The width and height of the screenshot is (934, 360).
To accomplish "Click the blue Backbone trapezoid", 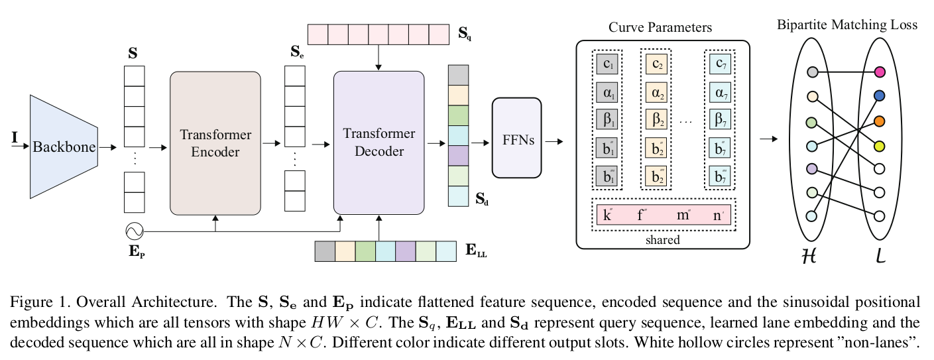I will (64, 146).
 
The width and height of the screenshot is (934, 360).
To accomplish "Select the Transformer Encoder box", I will (215, 143).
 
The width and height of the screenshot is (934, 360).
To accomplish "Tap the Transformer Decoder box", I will (379, 143).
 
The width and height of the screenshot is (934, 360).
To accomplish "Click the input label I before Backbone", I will (15, 137).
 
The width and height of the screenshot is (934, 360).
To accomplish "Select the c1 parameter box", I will (607, 64).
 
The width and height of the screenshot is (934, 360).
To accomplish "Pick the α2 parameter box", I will (657, 92).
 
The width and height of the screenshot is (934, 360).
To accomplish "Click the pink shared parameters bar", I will (664, 215).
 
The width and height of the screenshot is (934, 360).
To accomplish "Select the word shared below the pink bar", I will (662, 239).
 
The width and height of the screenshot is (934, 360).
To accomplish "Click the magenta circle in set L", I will (880, 72).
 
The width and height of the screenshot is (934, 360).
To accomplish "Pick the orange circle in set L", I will (880, 121).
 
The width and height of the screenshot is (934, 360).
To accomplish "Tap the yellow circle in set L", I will (880, 145).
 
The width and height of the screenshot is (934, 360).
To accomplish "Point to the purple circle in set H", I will (812, 168).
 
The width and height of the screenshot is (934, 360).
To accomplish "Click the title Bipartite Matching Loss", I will (847, 25).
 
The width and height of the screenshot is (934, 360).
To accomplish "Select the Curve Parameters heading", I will (660, 28).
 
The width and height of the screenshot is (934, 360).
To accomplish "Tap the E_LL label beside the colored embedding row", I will (476, 251).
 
